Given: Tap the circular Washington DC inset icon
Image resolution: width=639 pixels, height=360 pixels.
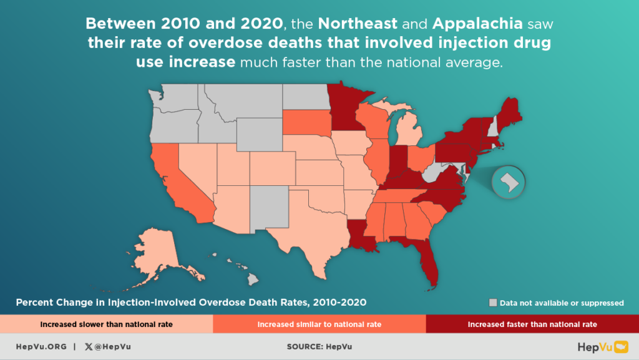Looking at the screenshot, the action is click(509, 182).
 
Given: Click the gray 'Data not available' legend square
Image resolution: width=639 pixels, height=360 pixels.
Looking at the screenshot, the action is click(493, 303).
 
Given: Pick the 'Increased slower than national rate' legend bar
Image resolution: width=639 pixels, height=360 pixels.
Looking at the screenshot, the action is click(106, 324).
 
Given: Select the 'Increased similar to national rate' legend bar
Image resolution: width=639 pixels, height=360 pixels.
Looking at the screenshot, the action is click(319, 324).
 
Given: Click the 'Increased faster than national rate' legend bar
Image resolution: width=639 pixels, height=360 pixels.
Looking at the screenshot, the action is click(532, 324).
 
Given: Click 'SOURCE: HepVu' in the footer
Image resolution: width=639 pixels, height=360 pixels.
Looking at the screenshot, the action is click(319, 346).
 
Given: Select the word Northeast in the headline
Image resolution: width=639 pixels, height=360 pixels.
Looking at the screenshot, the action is click(358, 25).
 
